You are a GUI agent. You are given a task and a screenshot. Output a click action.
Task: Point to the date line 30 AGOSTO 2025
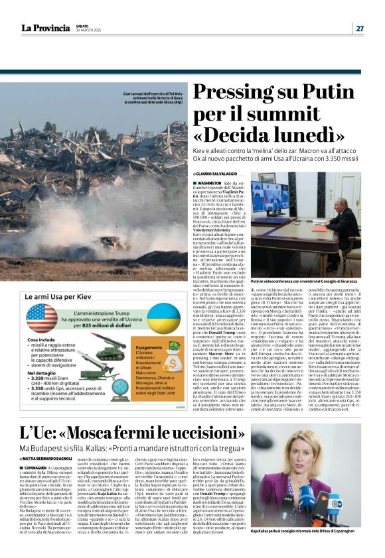click(x=90, y=30)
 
